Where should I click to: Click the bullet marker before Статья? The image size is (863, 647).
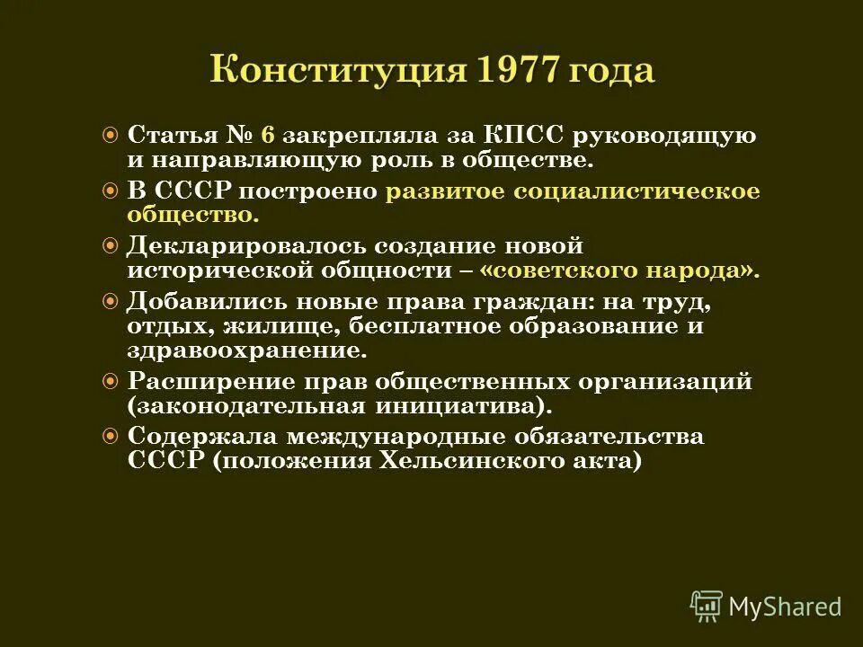111,137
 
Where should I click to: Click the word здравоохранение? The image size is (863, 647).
246,351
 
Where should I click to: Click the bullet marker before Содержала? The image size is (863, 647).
111,436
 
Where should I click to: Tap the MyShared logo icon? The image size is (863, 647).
707,607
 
